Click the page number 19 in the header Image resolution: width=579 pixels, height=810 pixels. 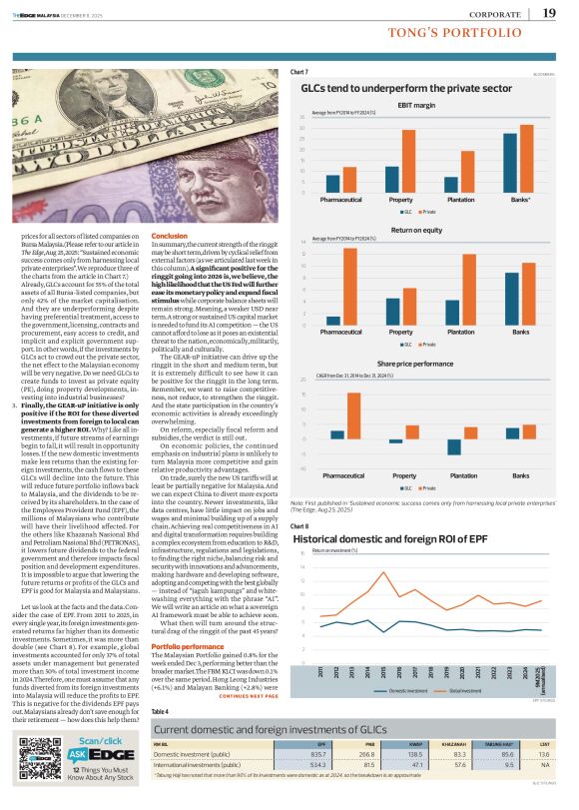[x=549, y=12]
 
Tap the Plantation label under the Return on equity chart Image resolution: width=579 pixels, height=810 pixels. [x=461, y=332]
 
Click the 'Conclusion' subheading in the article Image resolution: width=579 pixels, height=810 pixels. [x=196, y=234]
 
